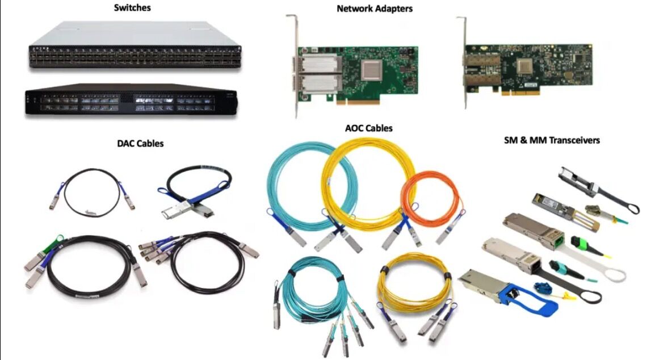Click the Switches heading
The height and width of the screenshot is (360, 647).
(x=132, y=8)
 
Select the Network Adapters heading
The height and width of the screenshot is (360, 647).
(x=375, y=9)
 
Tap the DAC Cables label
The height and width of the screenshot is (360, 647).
(x=140, y=144)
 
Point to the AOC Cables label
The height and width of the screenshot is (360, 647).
(x=368, y=128)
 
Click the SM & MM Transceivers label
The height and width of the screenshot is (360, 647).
(x=552, y=140)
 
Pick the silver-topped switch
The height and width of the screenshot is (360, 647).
(x=135, y=45)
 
